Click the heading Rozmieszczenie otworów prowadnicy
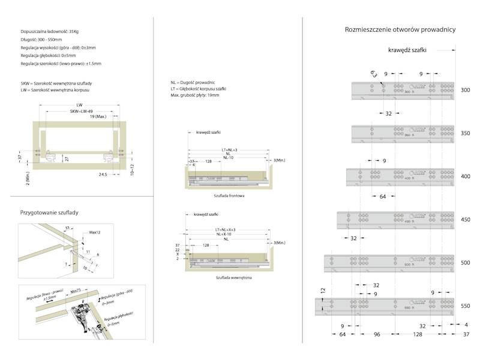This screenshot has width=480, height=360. pyautogui.click(x=401, y=29)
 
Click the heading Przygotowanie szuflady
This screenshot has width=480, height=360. pyautogui.click(x=50, y=212)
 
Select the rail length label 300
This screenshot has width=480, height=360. pyautogui.click(x=466, y=90)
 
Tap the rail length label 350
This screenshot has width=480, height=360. pyautogui.click(x=466, y=134)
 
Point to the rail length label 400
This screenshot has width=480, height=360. pyautogui.click(x=466, y=177)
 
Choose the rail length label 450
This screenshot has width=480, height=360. pyautogui.click(x=466, y=220)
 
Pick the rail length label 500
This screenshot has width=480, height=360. pyautogui.click(x=466, y=263)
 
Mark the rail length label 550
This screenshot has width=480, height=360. pyautogui.click(x=466, y=306)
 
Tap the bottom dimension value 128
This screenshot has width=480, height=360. pyautogui.click(x=417, y=335)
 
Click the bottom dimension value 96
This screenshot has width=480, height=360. pyautogui.click(x=377, y=335)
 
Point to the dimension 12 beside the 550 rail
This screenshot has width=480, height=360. pyautogui.click(x=323, y=290)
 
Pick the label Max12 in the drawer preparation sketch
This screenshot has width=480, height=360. pyautogui.click(x=94, y=232)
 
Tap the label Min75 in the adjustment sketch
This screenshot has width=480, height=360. pyautogui.click(x=75, y=290)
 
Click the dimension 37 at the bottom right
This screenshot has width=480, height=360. pyautogui.click(x=466, y=335)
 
